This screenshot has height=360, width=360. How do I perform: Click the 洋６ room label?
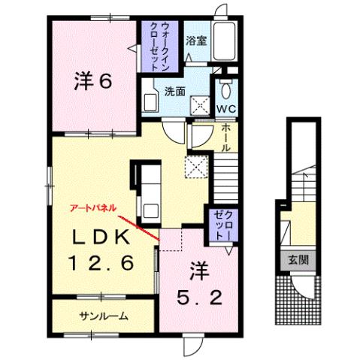coord(93,81)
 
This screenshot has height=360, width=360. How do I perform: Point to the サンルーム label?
coord(103,316)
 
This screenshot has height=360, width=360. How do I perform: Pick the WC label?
coord(225,110)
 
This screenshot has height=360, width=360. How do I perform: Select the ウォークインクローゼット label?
coord(160,46)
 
